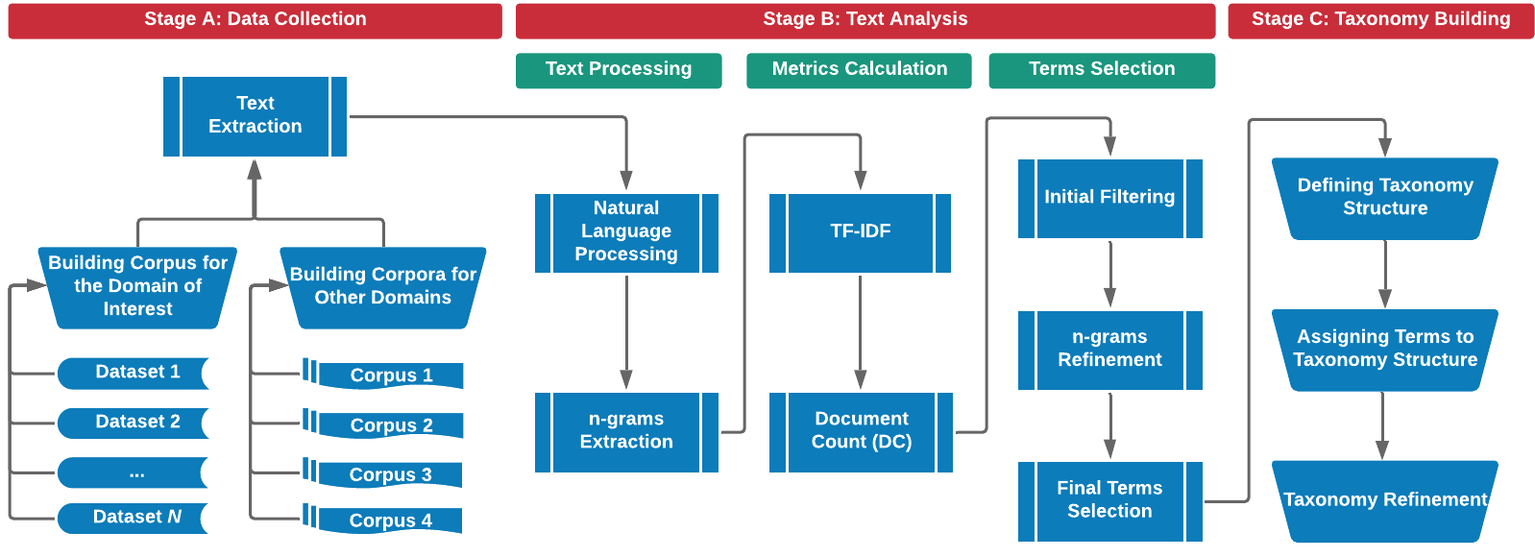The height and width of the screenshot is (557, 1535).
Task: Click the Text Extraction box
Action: coord(255,115)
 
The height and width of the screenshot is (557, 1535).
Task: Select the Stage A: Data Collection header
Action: coord(255,20)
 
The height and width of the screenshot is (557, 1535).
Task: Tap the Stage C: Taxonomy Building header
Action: coord(1380,20)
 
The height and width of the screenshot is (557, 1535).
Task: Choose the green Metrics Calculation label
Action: coord(859,69)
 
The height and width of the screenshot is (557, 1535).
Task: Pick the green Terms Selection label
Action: coord(1101,69)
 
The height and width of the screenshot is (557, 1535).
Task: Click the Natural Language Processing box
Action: coord(626,232)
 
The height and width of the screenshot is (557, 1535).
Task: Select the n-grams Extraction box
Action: coord(626,431)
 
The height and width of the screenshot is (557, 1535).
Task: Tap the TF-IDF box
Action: coord(860,232)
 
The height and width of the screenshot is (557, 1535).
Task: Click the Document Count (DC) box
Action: coord(861,431)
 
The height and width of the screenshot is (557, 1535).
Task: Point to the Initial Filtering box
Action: coord(1109,198)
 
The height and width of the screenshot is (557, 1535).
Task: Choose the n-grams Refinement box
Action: coord(1109,350)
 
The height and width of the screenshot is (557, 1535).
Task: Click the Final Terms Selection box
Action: coord(1109,500)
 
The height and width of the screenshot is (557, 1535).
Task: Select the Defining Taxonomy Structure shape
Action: coord(1384,198)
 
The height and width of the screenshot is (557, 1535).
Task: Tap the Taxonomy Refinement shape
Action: coord(1384,500)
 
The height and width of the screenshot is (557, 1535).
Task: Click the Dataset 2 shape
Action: coord(137,423)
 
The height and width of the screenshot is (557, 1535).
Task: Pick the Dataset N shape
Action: coord(137,518)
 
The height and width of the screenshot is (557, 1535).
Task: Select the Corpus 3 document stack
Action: coord(384,473)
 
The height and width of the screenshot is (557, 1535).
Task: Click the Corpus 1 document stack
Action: coord(384,375)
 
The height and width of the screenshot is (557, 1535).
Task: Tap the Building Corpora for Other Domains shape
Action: coord(382,287)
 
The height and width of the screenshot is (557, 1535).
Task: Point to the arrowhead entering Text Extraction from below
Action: coord(255,170)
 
